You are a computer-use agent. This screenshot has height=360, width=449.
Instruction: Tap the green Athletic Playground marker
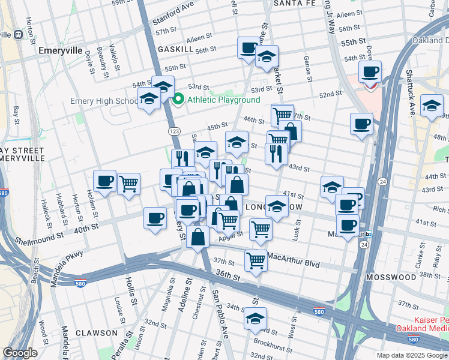[178, 100]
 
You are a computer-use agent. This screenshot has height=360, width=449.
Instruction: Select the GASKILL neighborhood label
[175, 49]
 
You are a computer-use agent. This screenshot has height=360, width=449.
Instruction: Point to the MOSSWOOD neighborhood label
[393, 277]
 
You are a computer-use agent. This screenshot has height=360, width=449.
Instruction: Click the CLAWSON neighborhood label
[96, 332]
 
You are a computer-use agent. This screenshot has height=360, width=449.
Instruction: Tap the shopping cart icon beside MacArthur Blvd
[256, 260]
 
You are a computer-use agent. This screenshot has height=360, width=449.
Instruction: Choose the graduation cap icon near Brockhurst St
[255, 317]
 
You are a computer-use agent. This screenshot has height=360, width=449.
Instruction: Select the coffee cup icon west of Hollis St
[104, 181]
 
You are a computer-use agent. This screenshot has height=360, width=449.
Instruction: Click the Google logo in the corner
[20, 353]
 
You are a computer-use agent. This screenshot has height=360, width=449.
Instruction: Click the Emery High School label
[104, 101]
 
